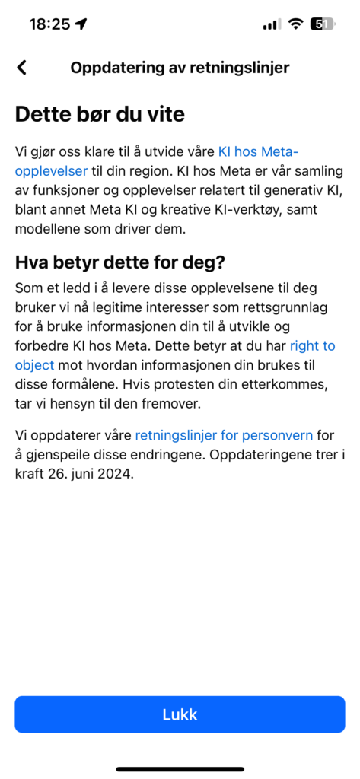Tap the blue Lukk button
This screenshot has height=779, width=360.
coord(180,714)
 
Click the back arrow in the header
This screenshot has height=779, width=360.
coord(22,67)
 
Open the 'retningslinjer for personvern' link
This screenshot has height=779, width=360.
coord(224,435)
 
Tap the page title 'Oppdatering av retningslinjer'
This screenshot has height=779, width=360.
coord(180,67)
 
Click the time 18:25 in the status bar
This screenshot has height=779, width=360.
coord(49,24)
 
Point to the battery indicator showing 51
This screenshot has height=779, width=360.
coord(323,24)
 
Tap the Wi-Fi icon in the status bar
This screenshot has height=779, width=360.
coord(295,24)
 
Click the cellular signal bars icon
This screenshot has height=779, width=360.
coord(271,24)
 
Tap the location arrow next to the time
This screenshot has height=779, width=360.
coord(81,24)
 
